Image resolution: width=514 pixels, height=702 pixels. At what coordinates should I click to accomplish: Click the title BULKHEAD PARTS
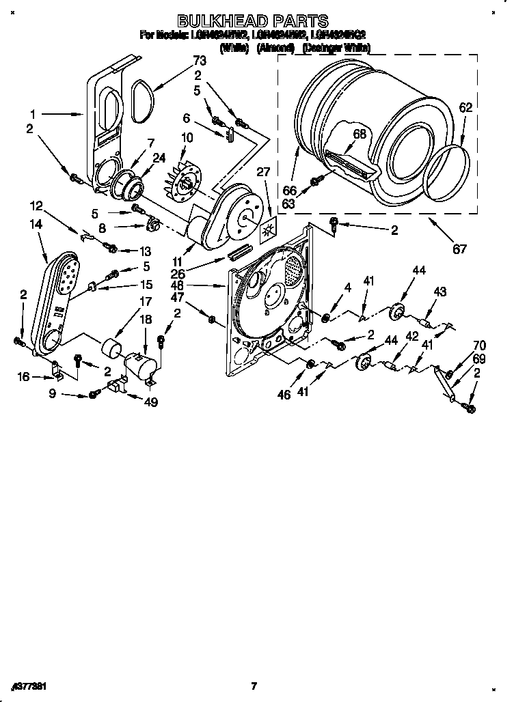(x=253, y=21)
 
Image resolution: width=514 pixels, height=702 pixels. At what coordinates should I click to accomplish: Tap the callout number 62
(x=465, y=107)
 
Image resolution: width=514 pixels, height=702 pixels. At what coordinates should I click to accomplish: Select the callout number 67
(x=460, y=249)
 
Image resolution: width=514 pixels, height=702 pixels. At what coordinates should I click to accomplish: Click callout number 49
(x=150, y=402)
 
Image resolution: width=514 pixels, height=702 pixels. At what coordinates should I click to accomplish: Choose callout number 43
(x=439, y=292)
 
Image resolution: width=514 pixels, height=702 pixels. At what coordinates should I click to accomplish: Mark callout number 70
(x=479, y=346)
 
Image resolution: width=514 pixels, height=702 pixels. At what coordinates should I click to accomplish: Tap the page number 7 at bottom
(x=254, y=686)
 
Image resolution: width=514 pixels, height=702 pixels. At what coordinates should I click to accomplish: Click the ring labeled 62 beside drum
(x=448, y=167)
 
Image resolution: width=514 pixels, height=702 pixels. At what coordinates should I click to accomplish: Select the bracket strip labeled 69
(x=445, y=386)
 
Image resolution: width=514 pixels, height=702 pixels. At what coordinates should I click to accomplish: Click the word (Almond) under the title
(x=275, y=48)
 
